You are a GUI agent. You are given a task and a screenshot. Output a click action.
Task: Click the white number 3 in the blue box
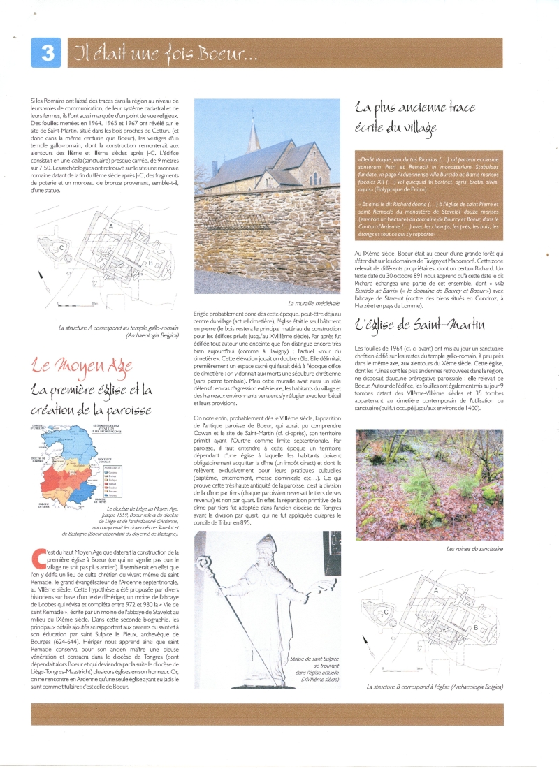[48, 54]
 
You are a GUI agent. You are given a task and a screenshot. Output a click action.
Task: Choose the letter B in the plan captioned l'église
[476, 627]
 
